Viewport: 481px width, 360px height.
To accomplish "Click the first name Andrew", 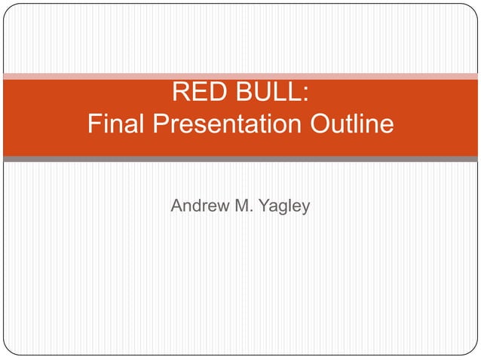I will coord(200,206).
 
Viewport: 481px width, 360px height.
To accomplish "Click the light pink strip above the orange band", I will coord(240,76).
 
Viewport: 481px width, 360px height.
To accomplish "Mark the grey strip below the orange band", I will coord(240,159).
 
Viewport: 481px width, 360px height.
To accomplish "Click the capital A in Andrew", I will coord(177,206).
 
